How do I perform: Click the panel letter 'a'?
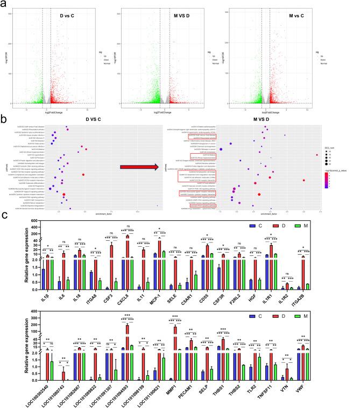click(5, 5)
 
